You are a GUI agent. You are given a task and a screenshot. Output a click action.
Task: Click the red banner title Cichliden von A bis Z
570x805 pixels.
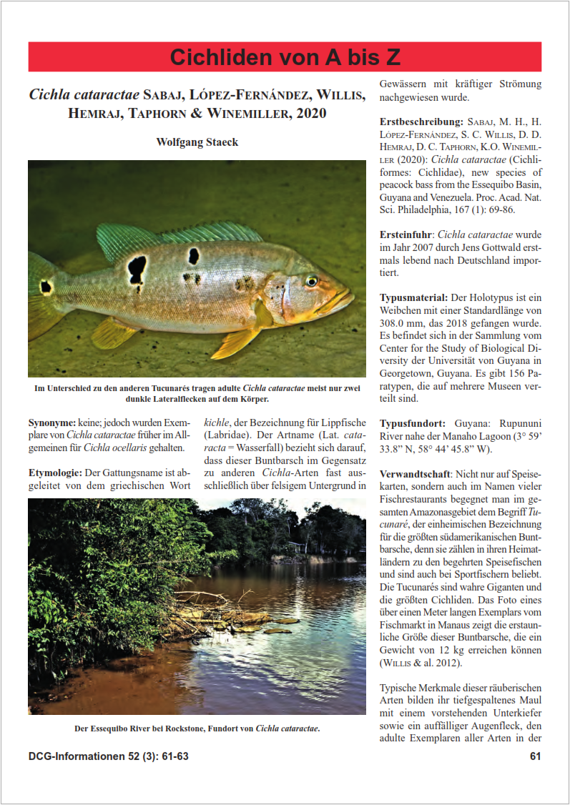click(x=285, y=57)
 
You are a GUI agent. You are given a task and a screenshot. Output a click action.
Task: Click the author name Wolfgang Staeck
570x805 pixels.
click(x=197, y=142)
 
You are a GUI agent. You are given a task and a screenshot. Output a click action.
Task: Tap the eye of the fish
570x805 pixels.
click(x=312, y=281)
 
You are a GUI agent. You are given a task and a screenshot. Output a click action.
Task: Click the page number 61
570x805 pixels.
click(x=535, y=756)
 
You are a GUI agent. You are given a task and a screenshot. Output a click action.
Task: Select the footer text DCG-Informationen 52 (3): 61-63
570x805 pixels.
click(x=108, y=756)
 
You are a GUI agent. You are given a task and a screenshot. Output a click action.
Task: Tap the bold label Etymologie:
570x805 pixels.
click(x=56, y=473)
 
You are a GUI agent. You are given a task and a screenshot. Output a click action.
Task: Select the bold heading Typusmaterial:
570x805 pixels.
click(x=414, y=297)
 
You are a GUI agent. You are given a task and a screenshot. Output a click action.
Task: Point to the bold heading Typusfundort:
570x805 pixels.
click(x=412, y=423)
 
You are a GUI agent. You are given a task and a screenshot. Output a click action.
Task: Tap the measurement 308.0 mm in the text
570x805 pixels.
click(x=404, y=323)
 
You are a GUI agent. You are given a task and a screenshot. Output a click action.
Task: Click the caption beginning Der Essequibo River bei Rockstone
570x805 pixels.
click(x=197, y=729)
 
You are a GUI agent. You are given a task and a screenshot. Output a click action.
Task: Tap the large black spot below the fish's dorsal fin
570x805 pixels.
click(x=137, y=270)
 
